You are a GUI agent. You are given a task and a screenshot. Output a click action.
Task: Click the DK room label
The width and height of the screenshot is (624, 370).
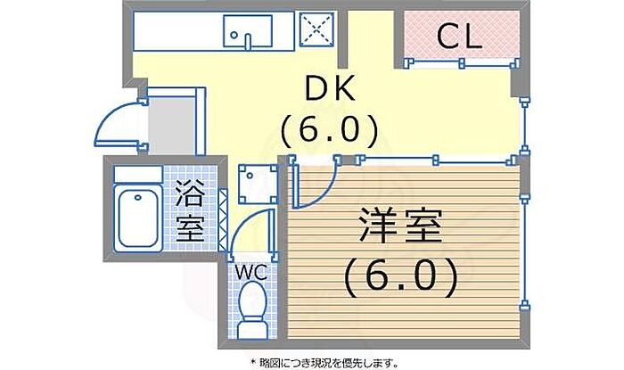pos(332,88)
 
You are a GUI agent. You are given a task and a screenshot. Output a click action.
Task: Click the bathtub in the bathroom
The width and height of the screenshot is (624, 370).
pos(138,220)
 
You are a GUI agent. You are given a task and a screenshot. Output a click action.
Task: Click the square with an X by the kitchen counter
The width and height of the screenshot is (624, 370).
pos(316,30)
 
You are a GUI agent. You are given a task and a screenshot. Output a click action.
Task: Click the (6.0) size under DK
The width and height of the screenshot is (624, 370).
pos(332,129)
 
